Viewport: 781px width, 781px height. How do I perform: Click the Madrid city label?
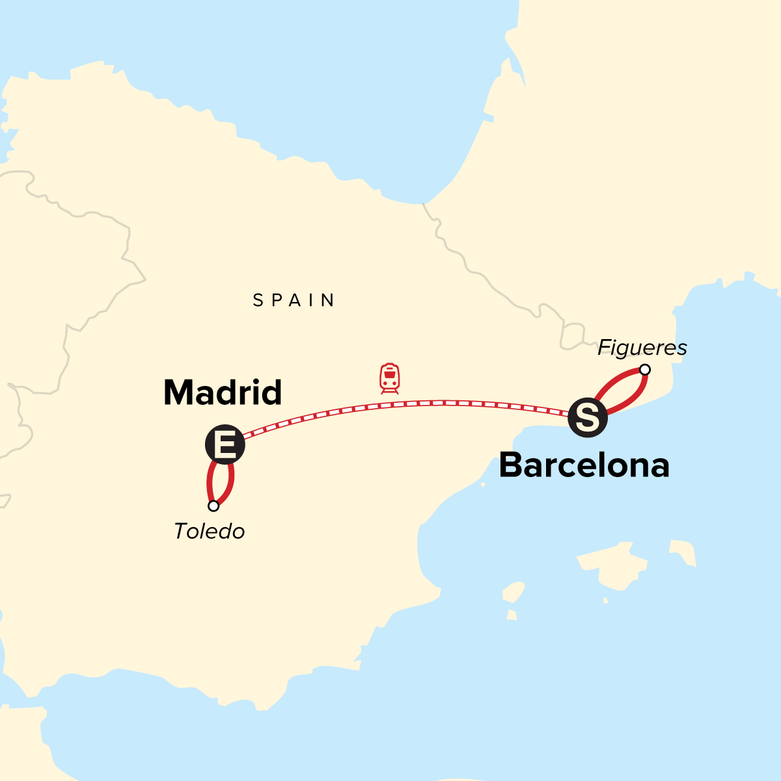pos(223,392)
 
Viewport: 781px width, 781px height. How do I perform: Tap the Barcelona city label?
pos(584,466)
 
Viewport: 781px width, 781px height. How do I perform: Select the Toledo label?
pos(209,532)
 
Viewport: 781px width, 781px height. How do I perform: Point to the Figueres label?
pos(642,348)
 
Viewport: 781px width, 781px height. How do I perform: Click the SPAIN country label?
pos(294,300)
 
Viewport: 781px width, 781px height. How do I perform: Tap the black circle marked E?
pos(225,445)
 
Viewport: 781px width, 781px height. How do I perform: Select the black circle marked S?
pos(588,418)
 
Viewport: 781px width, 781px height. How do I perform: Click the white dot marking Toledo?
pos(213,506)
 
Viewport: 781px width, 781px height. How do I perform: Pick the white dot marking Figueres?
pos(644,370)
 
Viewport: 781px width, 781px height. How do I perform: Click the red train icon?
pos(390,378)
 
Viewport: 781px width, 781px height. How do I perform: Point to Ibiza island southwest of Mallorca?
pos(514,593)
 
